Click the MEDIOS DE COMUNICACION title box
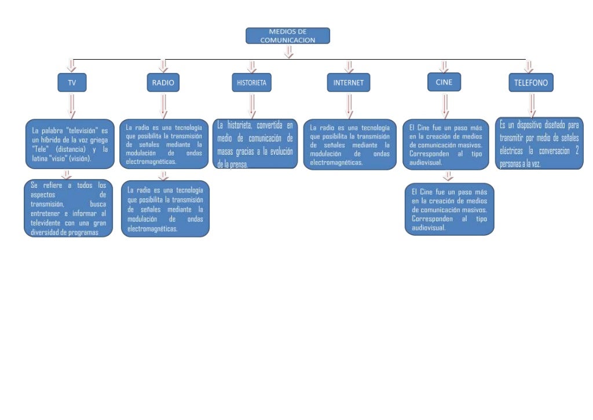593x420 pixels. click(288, 36)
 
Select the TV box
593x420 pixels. click(72, 83)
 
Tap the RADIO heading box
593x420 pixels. click(163, 83)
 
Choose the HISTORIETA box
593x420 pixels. click(251, 83)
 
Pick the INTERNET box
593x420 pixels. click(348, 83)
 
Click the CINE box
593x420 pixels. click(444, 82)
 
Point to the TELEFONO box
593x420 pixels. click(531, 83)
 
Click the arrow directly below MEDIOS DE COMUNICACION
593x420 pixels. click(288, 52)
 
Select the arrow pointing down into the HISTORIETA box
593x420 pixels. click(251, 66)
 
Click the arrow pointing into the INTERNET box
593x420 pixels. click(348, 66)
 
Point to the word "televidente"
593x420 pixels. click(47, 223)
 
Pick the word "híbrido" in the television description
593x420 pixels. click(53, 140)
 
